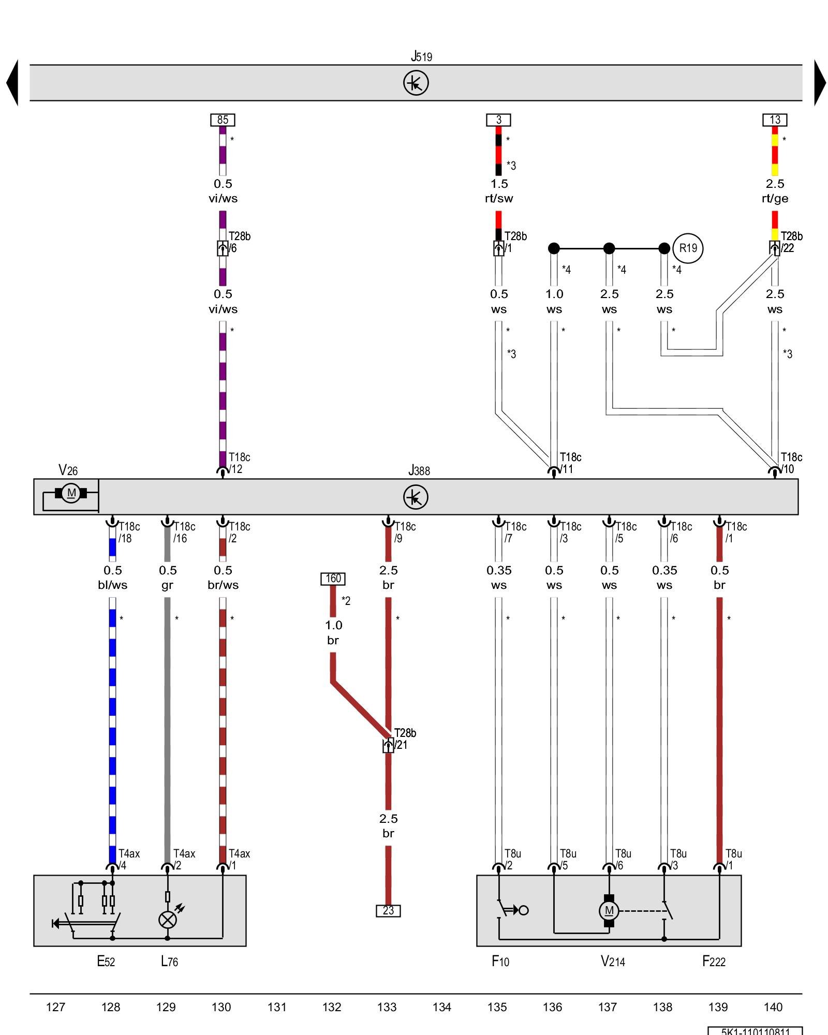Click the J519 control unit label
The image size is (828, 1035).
(x=421, y=56)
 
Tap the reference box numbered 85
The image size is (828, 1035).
(x=223, y=120)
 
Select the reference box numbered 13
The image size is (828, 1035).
(x=775, y=120)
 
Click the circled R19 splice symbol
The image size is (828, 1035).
(x=688, y=248)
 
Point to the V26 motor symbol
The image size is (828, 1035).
(x=71, y=493)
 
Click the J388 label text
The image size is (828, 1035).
(x=419, y=470)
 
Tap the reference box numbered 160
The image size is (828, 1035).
(x=333, y=579)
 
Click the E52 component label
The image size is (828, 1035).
(x=106, y=962)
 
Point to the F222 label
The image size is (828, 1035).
(x=714, y=962)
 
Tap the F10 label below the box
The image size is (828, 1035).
(x=500, y=962)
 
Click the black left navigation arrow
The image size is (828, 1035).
(x=12, y=83)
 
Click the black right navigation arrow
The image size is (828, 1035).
(x=819, y=83)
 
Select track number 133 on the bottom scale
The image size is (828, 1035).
(x=387, y=1007)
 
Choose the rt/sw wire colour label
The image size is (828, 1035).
(x=499, y=199)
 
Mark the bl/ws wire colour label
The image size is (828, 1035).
(x=112, y=585)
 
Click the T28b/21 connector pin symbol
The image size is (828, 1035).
(x=388, y=746)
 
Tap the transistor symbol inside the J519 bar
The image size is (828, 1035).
(x=416, y=83)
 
